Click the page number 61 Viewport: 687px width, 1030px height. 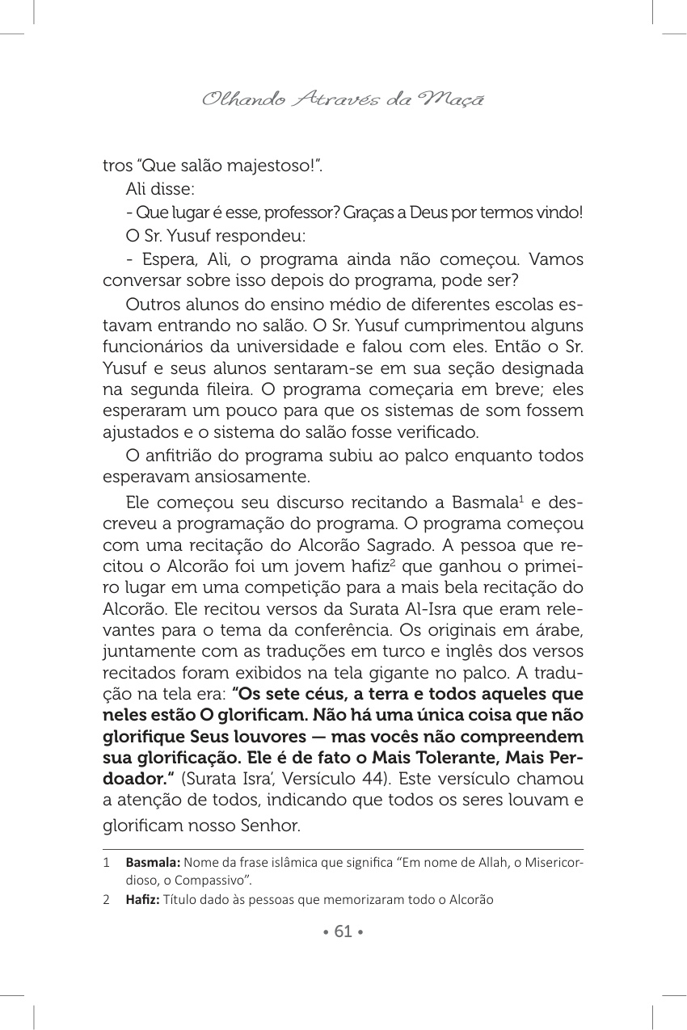click(x=343, y=931)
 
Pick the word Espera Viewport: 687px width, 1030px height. click(x=166, y=260)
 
